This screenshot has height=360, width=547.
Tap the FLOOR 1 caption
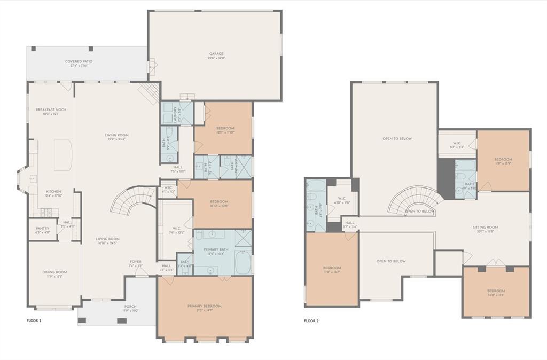coord(34,321)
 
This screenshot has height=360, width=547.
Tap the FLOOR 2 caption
coord(311,321)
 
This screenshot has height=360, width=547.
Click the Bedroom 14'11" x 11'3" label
coord(496,294)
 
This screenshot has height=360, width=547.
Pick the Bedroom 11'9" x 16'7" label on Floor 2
coord(331,270)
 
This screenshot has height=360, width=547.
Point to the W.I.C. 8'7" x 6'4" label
coord(457,145)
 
